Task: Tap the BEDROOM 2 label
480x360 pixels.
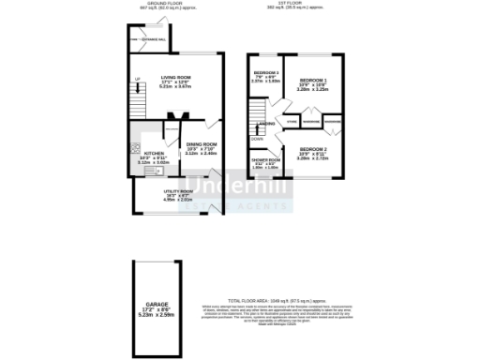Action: pyautogui.click(x=312, y=149)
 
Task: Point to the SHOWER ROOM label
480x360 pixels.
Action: pyautogui.click(x=265, y=159)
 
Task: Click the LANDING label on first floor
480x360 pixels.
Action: pyautogui.click(x=266, y=122)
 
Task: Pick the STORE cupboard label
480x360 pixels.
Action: pyautogui.click(x=292, y=120)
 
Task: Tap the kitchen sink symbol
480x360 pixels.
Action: pyautogui.click(x=136, y=167)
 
